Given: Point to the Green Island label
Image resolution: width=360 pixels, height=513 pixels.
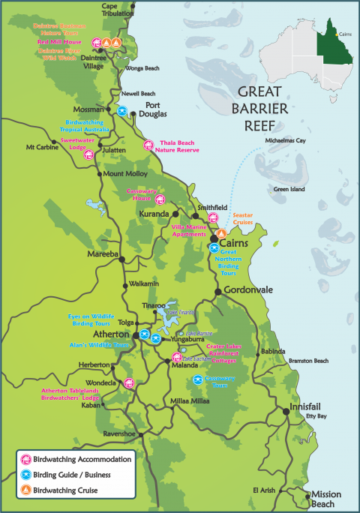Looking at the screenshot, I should click(x=288, y=190).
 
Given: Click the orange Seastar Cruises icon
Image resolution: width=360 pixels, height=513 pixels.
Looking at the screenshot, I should click(x=221, y=235).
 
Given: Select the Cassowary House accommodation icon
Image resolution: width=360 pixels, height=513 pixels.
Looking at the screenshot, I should click(x=160, y=199).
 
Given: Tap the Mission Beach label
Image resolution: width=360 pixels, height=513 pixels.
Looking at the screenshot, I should click(x=328, y=500).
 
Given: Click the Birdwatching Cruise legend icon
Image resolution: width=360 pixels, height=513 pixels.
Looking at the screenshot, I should click(x=26, y=490).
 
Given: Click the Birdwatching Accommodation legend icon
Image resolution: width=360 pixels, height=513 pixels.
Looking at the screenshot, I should click(x=26, y=459).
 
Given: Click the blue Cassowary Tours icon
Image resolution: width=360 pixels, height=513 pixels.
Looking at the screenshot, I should click(x=198, y=379).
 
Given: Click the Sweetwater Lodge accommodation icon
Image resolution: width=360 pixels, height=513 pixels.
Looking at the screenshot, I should click(x=88, y=155).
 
